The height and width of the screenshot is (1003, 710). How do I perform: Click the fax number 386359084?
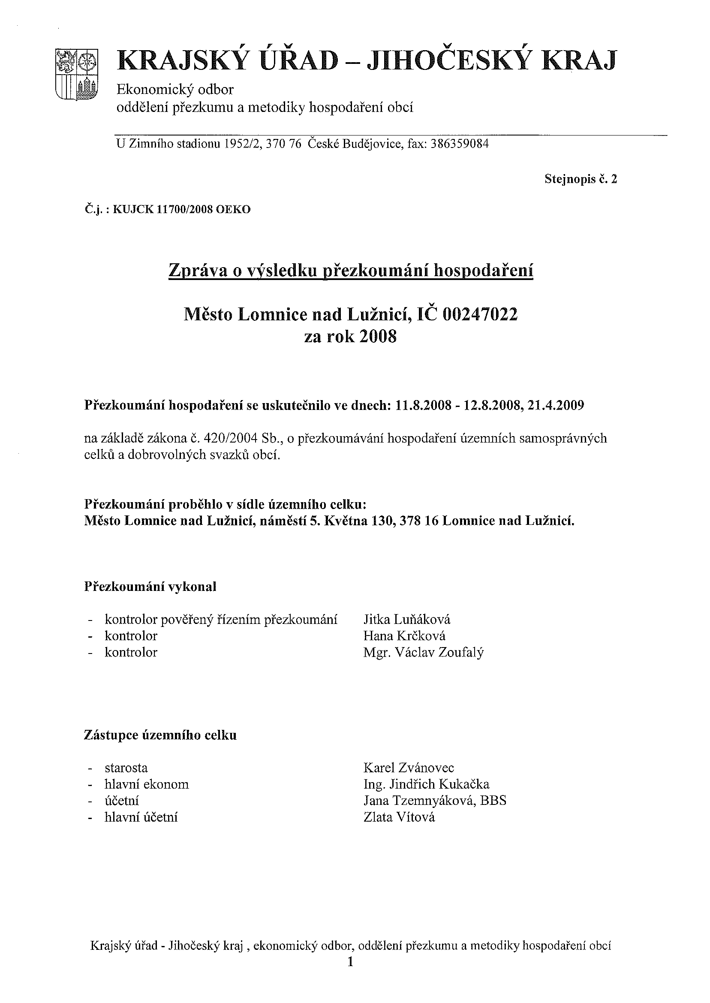(x=460, y=144)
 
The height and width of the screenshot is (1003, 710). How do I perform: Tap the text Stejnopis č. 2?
(x=581, y=179)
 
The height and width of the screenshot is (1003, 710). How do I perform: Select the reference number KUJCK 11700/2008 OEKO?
(x=181, y=209)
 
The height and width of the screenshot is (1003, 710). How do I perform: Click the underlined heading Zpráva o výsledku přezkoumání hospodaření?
(x=351, y=271)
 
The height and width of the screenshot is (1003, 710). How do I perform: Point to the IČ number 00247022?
(x=480, y=314)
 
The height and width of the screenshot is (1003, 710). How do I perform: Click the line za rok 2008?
(x=351, y=337)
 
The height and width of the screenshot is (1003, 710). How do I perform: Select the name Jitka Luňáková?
(x=406, y=619)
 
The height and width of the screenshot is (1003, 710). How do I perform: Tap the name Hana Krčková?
(x=404, y=636)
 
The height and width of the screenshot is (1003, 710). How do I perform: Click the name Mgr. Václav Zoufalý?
(x=423, y=652)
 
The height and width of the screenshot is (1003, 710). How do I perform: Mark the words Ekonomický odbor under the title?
(x=175, y=90)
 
